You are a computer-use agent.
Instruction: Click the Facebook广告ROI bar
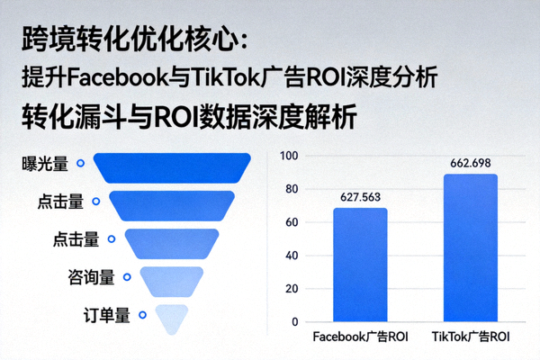click(x=360, y=265)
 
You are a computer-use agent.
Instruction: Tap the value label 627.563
click(x=360, y=196)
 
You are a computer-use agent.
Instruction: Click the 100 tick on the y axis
click(x=288, y=156)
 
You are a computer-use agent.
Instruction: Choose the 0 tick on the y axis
click(x=293, y=321)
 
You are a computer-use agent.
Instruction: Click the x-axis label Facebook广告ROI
click(x=360, y=337)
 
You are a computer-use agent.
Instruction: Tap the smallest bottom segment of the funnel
click(x=171, y=317)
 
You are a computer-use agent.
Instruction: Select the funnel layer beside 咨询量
click(x=171, y=280)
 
